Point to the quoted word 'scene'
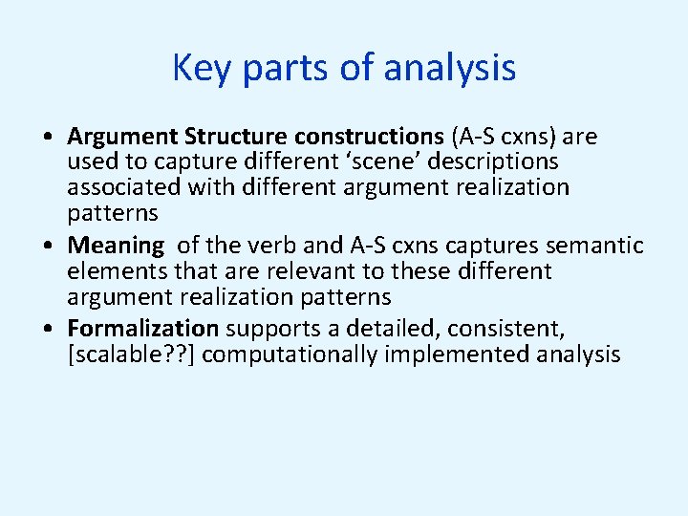355,161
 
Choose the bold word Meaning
116,246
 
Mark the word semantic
598,246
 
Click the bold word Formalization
143,329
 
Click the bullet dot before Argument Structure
47,138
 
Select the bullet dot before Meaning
47,247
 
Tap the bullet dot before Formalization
47,330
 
